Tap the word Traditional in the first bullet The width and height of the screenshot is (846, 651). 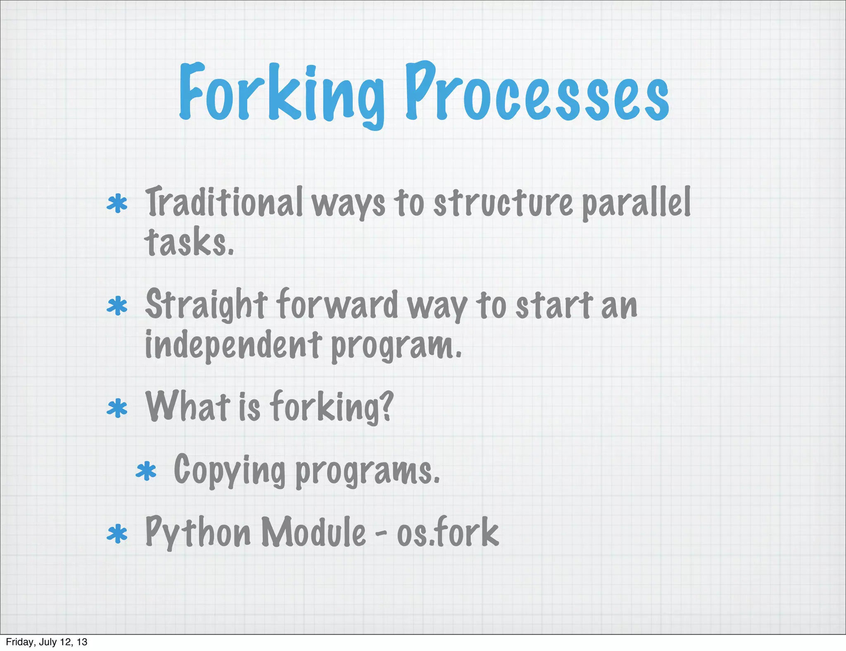223,202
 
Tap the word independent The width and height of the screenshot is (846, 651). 233,345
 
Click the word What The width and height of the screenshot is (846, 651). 188,407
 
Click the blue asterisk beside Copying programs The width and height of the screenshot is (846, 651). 146,472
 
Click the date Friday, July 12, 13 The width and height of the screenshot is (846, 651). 46,642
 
